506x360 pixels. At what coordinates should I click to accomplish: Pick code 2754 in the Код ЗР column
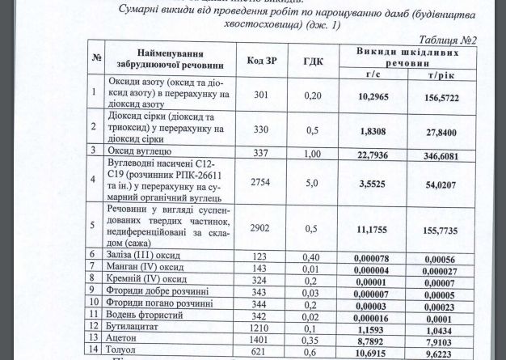point(260,183)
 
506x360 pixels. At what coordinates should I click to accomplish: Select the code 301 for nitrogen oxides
point(260,95)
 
